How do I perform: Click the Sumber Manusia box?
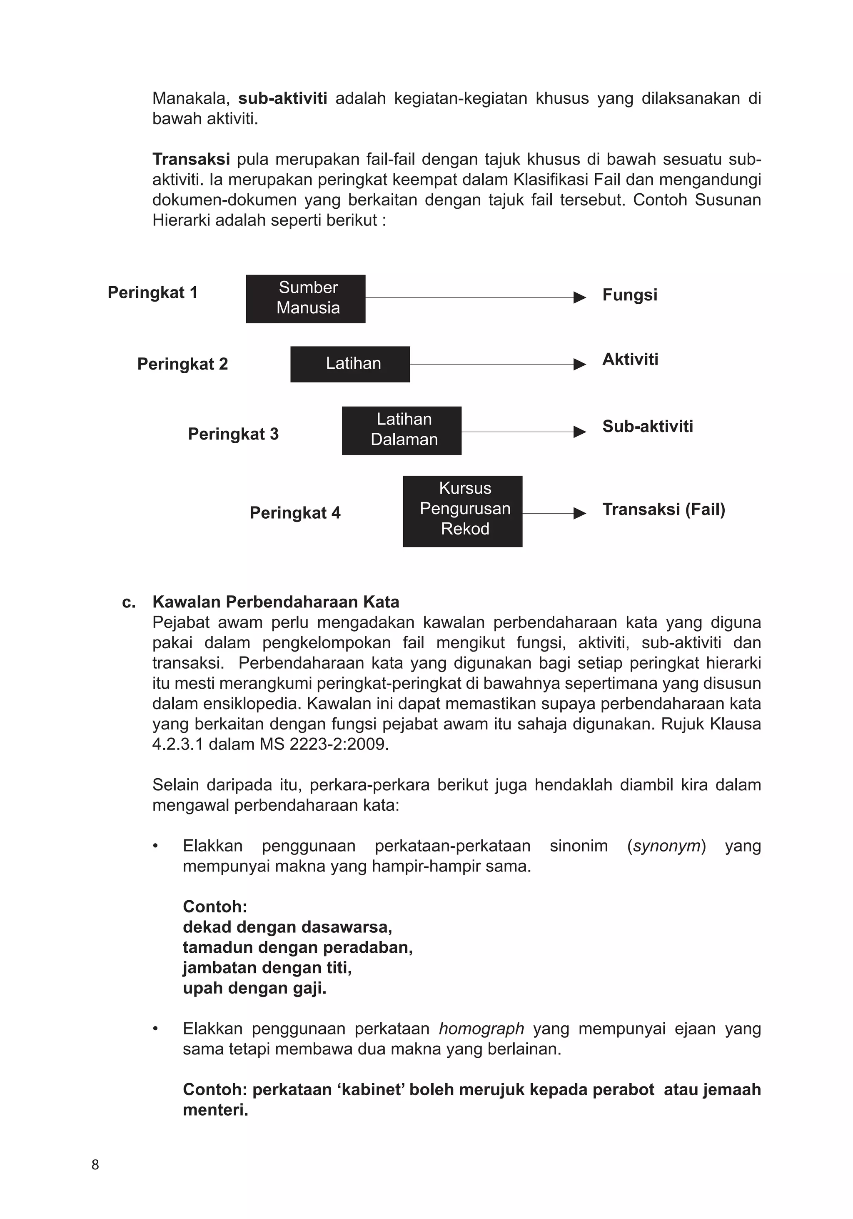pyautogui.click(x=305, y=299)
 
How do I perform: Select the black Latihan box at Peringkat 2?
pyautogui.click(x=350, y=364)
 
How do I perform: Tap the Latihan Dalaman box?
pyautogui.click(x=401, y=431)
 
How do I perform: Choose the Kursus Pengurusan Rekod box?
pyautogui.click(x=462, y=511)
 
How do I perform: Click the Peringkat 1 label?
pyautogui.click(x=152, y=292)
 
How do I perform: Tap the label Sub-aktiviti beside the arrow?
pyautogui.click(x=647, y=426)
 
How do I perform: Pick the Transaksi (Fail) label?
pyautogui.click(x=663, y=509)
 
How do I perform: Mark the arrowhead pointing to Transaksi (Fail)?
pyautogui.click(x=580, y=513)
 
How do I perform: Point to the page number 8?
pyautogui.click(x=95, y=1164)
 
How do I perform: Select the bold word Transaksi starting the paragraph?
pyautogui.click(x=191, y=159)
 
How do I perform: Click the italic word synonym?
pyautogui.click(x=667, y=846)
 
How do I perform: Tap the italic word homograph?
pyautogui.click(x=481, y=1028)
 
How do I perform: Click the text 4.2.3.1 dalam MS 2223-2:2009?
pyautogui.click(x=270, y=744)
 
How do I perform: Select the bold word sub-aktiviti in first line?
pyautogui.click(x=282, y=98)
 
